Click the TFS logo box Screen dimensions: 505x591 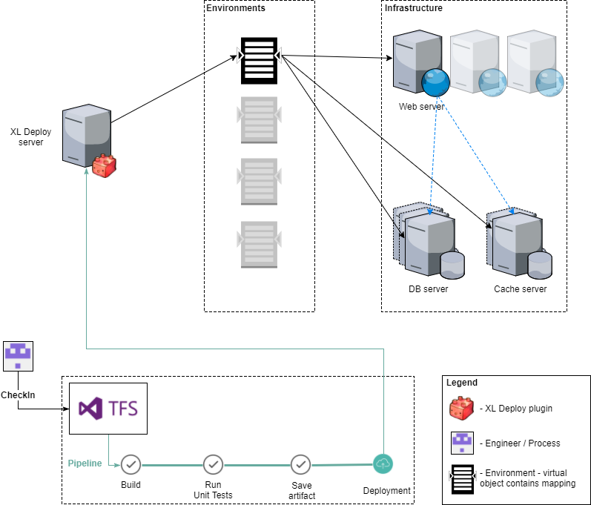108,408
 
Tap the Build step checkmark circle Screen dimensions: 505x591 131,464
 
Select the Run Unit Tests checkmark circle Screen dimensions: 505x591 214,464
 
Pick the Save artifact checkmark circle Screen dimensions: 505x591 300,464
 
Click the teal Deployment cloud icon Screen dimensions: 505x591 383,463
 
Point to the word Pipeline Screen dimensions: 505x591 85,463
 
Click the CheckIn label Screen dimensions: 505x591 18,395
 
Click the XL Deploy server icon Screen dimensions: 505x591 85,135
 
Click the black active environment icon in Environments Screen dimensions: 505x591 259,61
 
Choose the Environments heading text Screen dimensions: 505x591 236,8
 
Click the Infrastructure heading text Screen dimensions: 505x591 414,8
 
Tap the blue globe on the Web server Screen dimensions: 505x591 436,83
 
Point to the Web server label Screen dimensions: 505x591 421,107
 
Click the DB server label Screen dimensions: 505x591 429,289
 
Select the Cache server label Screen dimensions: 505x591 521,289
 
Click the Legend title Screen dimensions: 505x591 462,383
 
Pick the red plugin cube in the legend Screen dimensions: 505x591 463,409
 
